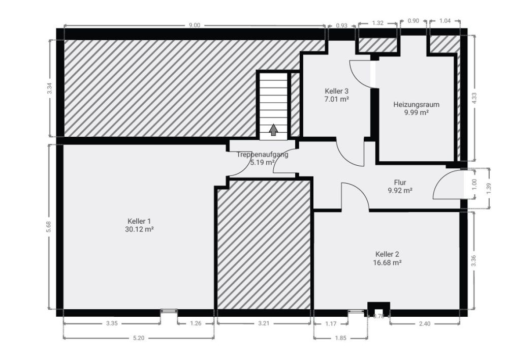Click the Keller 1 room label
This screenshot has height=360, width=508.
tap(139, 221)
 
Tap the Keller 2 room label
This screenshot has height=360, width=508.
tap(387, 254)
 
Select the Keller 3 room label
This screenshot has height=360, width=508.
tap(336, 91)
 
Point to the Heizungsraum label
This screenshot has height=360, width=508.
tap(416, 105)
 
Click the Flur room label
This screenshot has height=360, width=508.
tap(400, 182)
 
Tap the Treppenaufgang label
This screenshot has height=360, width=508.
tap(263, 155)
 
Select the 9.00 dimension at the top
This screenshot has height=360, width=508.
tap(194, 25)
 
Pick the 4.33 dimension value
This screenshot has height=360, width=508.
tap(474, 98)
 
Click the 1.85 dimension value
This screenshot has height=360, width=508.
tap(340, 338)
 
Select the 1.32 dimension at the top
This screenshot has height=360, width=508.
tap(377, 22)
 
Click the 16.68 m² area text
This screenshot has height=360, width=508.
tap(387, 263)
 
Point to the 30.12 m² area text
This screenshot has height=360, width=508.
tap(139, 230)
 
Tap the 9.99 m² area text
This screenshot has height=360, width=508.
tap(416, 113)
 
